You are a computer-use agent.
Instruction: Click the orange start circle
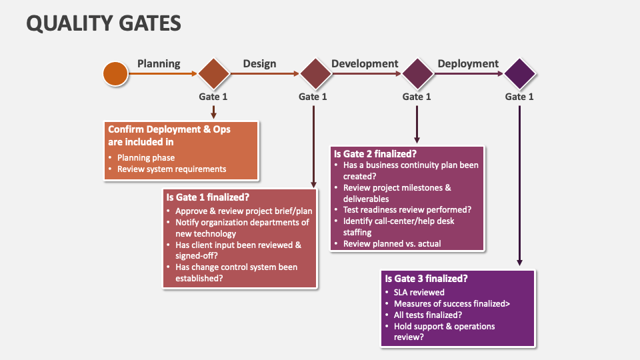115,73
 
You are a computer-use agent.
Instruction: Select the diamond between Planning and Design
213,73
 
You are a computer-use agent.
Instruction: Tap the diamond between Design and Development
315,73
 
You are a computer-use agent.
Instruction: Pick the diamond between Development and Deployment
417,73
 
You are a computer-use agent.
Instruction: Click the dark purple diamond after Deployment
520,73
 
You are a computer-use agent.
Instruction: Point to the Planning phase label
159,64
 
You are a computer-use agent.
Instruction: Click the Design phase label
259,64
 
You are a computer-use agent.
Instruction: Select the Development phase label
365,64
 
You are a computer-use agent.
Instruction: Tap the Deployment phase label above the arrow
468,64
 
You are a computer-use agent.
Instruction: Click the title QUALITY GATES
103,23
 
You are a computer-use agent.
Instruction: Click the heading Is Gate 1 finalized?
207,197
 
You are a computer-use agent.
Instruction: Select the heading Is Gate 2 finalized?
375,153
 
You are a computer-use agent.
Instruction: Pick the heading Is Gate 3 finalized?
426,279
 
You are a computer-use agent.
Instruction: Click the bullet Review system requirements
171,169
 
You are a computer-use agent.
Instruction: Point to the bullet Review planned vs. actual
392,244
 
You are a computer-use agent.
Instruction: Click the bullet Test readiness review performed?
407,209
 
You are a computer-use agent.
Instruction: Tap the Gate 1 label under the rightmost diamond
519,97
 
